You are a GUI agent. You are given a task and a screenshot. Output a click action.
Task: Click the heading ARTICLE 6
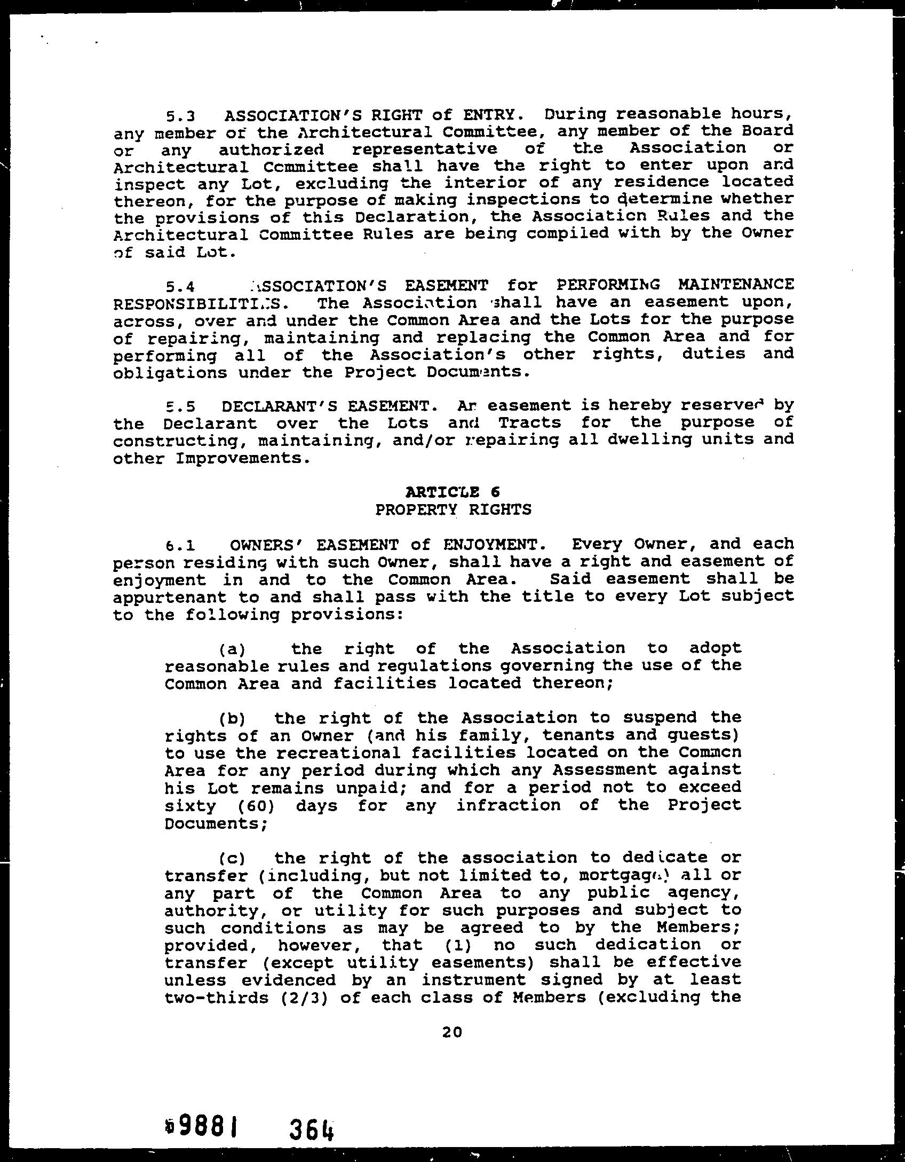pyautogui.click(x=452, y=492)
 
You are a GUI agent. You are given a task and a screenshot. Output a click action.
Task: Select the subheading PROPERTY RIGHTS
pyautogui.click(x=453, y=509)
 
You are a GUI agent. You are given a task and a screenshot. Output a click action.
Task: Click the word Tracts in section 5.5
pyautogui.click(x=529, y=423)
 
